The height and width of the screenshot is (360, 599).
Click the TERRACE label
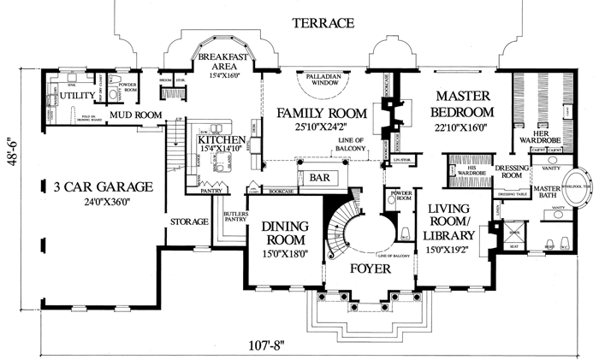tap(321, 23)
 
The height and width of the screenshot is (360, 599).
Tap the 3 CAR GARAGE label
tap(102, 186)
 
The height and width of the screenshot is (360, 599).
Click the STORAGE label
tap(189, 222)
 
